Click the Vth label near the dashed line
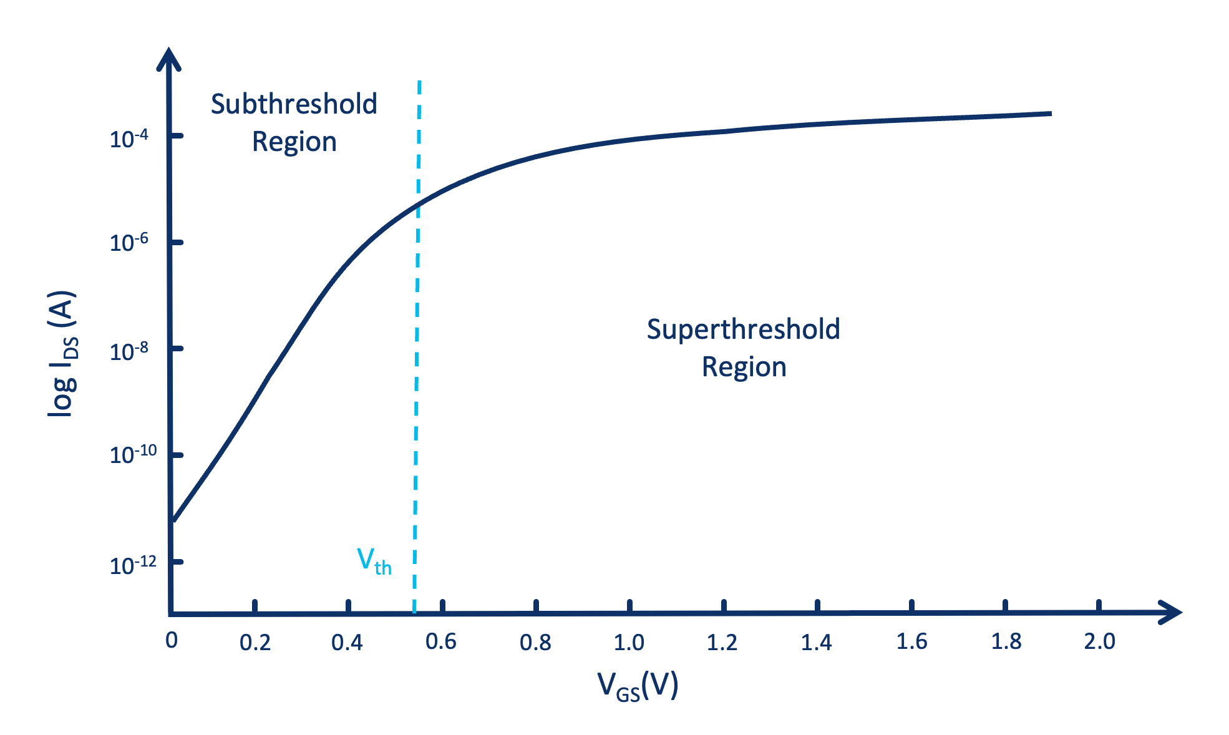[374, 561]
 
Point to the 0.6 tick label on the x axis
[441, 641]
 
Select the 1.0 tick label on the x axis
[629, 642]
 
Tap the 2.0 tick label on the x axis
[1099, 641]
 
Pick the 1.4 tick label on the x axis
[817, 642]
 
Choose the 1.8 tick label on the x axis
[1006, 641]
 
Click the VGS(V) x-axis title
[638, 687]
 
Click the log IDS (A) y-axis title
[63, 354]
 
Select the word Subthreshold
[294, 104]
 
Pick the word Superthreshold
[743, 329]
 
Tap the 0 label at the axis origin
[172, 640]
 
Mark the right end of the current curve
[1051, 114]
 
